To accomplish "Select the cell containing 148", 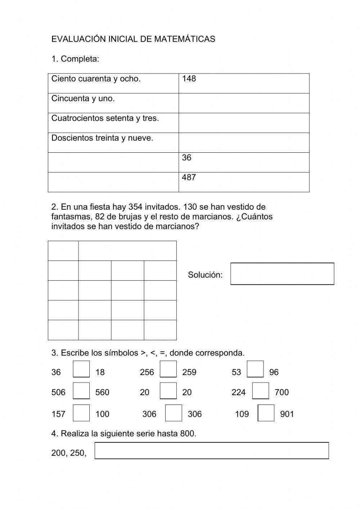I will pyautogui.click(x=244, y=83).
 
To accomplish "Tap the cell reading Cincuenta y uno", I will pyautogui.click(x=113, y=103).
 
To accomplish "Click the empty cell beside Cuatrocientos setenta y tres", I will pyautogui.click(x=244, y=123).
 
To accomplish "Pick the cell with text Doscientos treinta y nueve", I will pyautogui.click(x=113, y=142).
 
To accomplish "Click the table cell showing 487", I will pyautogui.click(x=244, y=182).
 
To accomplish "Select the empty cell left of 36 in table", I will pyautogui.click(x=113, y=162).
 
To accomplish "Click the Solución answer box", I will pyautogui.click(x=282, y=274).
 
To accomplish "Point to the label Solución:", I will pyautogui.click(x=205, y=275).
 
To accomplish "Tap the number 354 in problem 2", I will pyautogui.click(x=135, y=207).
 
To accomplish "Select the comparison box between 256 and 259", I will pyautogui.click(x=168, y=369).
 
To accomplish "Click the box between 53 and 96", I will pyautogui.click(x=255, y=369).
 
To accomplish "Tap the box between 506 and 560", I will pyautogui.click(x=81, y=391).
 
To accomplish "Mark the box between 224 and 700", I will pyautogui.click(x=261, y=391).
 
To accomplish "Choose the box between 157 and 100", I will pyautogui.click(x=81, y=413).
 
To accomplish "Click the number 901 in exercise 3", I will pyautogui.click(x=287, y=414).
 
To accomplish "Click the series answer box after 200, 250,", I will pyautogui.click(x=212, y=451).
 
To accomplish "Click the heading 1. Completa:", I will pyautogui.click(x=75, y=59).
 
